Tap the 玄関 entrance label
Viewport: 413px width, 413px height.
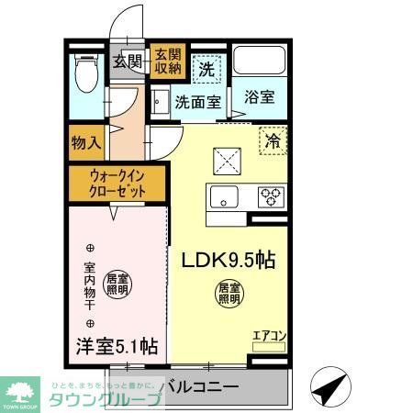[128, 62]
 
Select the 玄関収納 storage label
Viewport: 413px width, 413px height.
[166, 61]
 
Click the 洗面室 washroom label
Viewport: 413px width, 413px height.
[197, 102]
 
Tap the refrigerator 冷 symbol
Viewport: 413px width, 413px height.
[273, 141]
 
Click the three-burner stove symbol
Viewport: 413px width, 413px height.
[271, 195]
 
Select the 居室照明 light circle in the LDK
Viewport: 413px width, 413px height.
[229, 294]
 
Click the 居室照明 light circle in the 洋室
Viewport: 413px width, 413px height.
[117, 285]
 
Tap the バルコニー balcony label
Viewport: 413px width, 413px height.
[200, 386]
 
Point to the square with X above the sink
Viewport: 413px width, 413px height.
[224, 160]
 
